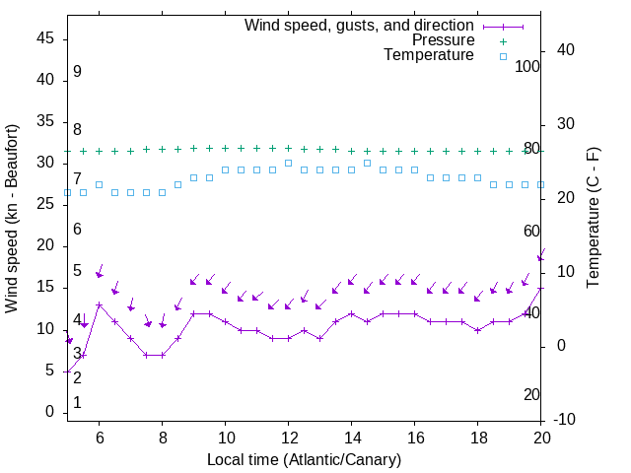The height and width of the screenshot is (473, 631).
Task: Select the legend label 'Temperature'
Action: coord(429,55)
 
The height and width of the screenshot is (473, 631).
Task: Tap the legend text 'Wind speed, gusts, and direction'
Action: coord(359,25)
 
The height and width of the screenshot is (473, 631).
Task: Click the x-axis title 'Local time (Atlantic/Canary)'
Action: coord(304,459)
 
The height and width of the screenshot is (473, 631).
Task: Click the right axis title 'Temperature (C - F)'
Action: coord(593,219)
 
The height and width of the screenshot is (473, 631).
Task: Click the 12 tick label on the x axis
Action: coord(288,438)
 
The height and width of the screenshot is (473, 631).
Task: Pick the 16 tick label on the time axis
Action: coord(414,438)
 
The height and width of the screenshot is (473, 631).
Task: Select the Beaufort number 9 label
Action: coord(77,72)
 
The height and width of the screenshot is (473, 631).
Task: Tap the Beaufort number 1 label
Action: coord(77,403)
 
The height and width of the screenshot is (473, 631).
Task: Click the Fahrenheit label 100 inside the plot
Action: coord(527,66)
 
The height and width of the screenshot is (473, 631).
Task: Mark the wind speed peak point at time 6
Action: coord(99,304)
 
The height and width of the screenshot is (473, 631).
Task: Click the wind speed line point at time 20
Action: coord(540,289)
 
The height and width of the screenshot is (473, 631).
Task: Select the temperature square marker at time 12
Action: coord(288,163)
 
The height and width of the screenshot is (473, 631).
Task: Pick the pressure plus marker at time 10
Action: coord(225,148)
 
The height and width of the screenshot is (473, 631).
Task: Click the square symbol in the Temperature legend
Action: coord(503,56)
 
